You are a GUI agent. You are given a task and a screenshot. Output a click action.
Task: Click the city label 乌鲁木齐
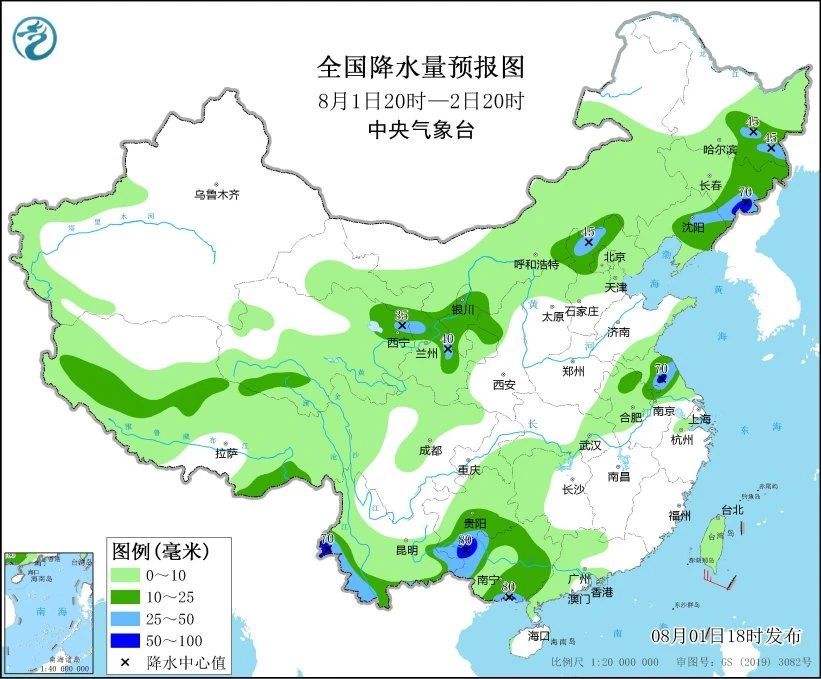tap(217, 195)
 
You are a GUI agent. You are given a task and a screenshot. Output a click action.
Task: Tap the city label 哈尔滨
tap(719, 150)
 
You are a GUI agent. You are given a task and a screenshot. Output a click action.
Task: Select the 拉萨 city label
tap(227, 453)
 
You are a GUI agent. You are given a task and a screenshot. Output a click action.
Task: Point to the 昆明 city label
tap(407, 549)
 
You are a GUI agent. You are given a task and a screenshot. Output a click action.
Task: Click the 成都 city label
tap(431, 451)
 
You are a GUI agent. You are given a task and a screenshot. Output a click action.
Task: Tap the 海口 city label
tap(540, 636)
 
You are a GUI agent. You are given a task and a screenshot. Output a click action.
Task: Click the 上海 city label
tap(698, 418)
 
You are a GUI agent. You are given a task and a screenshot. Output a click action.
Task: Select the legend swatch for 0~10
tap(127, 575)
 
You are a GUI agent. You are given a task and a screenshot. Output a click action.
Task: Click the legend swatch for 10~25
tap(127, 597)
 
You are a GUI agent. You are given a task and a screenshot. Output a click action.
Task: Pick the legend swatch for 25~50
tap(127, 618)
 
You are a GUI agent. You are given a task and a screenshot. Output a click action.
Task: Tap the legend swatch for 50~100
tap(127, 640)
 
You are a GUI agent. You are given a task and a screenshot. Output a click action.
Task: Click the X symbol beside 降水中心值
tap(127, 661)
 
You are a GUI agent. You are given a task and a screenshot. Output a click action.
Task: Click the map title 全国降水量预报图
tap(420, 68)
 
